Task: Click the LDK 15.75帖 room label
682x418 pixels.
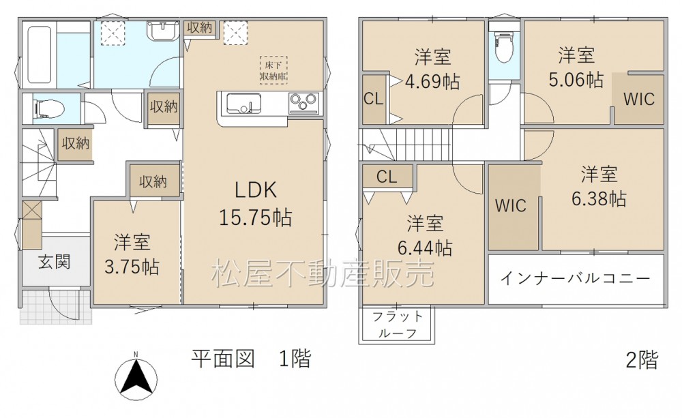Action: tap(255, 204)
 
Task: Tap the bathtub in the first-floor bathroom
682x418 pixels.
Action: tap(40, 55)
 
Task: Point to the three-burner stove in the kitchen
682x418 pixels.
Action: tap(303, 104)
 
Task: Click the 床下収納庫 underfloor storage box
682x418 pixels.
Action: tap(273, 70)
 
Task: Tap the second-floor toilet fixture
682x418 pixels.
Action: tap(505, 48)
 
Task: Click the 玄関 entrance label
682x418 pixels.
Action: tap(54, 263)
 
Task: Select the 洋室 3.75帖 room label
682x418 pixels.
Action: tap(132, 254)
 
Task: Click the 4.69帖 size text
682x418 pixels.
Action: tap(432, 81)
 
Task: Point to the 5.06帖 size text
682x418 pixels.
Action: tap(576, 80)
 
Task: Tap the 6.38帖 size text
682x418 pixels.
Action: tap(599, 198)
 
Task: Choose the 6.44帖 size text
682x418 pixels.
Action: tap(424, 248)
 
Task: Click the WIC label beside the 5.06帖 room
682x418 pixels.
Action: tap(638, 99)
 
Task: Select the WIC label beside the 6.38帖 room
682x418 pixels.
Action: tap(511, 205)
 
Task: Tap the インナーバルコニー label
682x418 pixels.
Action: tap(576, 278)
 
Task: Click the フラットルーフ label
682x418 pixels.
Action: tap(398, 325)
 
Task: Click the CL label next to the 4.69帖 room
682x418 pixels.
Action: tap(373, 99)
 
